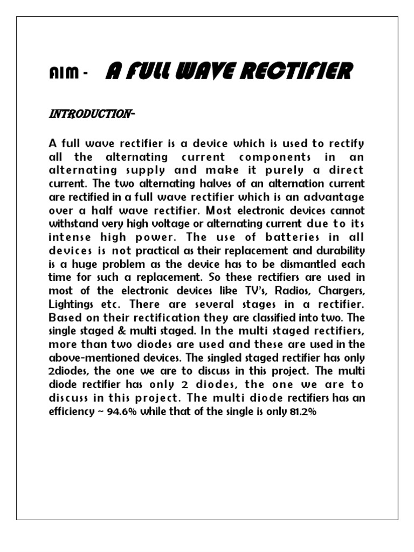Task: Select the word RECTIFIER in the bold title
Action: click(298, 71)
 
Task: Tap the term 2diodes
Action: click(71, 371)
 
